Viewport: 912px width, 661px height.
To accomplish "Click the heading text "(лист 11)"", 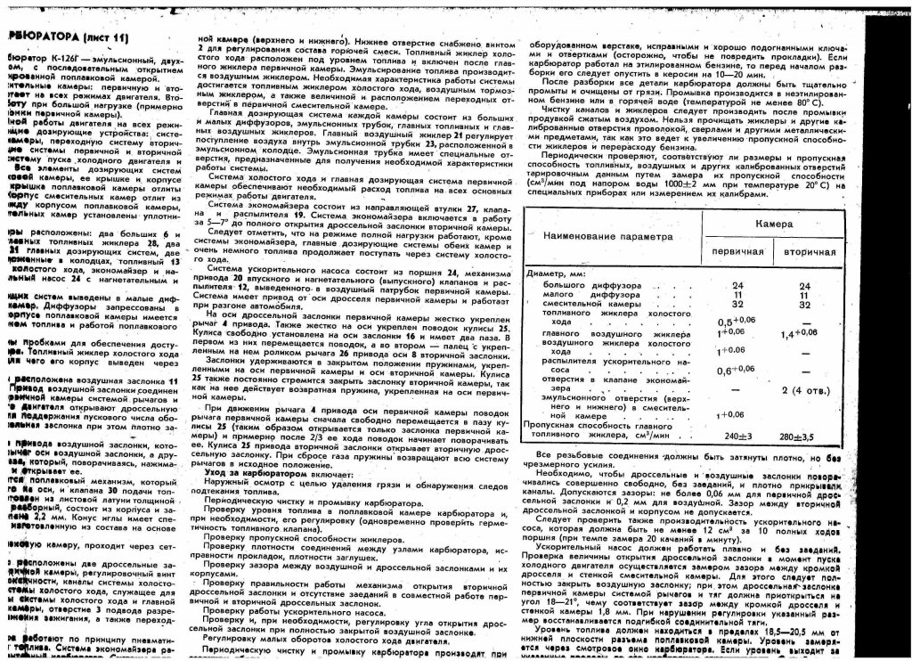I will click(105, 37).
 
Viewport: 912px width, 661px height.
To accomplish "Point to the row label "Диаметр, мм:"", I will click(558, 274).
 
